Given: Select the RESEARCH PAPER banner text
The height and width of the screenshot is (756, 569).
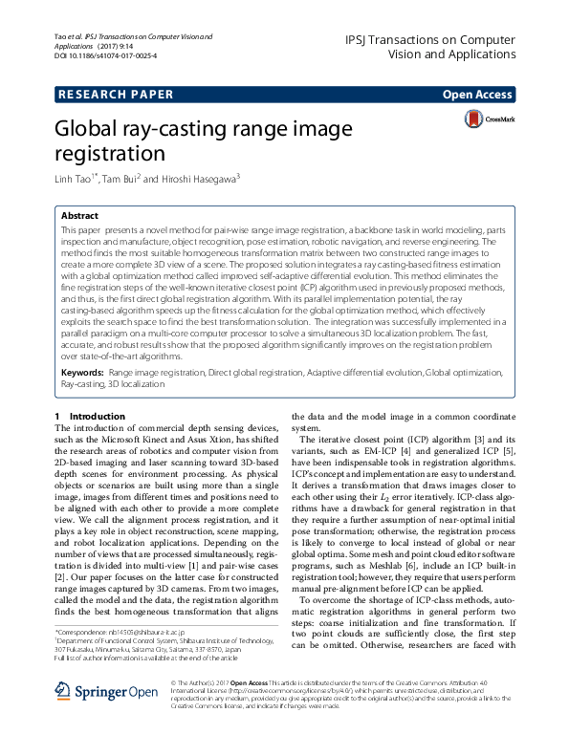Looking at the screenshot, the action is click(x=116, y=94).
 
